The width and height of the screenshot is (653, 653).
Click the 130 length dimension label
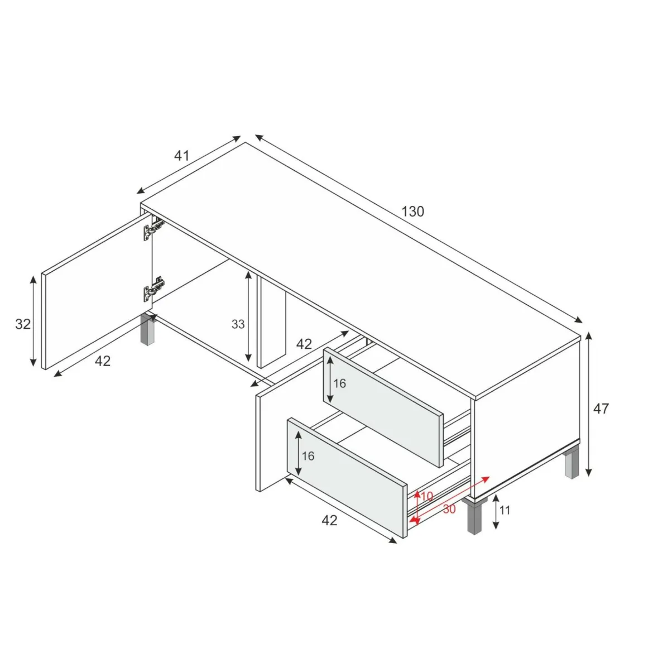point(412,212)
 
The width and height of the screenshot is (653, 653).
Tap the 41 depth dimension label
point(181,156)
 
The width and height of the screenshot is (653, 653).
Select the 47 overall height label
point(601,409)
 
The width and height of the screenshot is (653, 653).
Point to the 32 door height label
point(23,324)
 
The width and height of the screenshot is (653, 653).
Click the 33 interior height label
point(238,324)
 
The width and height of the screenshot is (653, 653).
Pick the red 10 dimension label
point(427,496)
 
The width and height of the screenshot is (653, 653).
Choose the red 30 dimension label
point(449,509)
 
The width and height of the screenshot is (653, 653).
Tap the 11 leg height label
point(505,510)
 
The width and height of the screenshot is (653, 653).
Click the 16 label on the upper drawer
point(339,383)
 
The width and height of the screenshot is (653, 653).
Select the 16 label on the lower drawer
point(308,456)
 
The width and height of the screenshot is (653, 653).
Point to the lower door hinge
point(153,288)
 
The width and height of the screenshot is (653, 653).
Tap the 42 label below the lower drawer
point(329,520)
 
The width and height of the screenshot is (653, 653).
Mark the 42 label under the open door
point(103,361)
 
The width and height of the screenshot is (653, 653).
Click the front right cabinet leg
point(474,516)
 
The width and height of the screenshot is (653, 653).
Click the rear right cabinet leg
point(572,462)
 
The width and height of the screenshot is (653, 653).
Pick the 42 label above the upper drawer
point(304,344)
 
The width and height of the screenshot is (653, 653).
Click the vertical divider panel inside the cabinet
point(272,321)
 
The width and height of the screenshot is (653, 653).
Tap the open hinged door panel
point(97,291)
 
